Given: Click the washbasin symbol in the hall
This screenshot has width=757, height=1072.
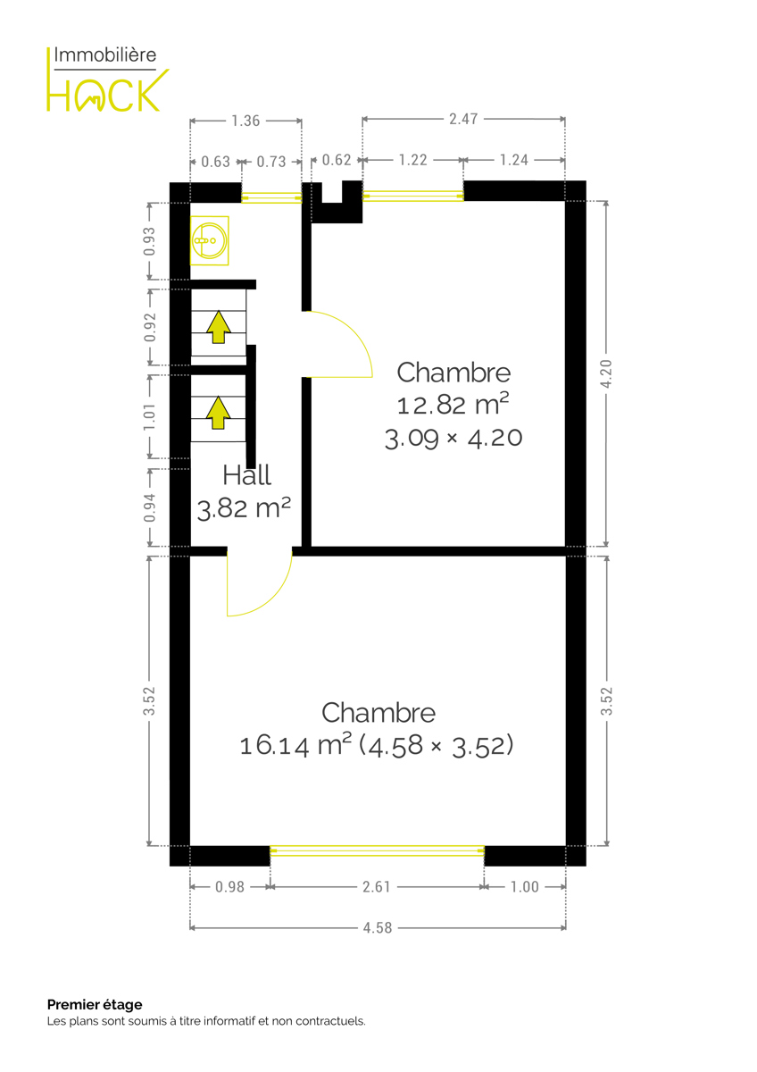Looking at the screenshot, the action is coord(210,240).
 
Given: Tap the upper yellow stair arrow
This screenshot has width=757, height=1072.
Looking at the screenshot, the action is coord(219,327).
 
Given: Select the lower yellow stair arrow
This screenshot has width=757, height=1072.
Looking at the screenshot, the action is coord(219,413).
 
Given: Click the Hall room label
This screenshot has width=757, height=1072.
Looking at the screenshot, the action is coord(246,475).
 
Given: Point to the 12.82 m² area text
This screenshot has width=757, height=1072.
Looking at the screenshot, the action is coord(453,405).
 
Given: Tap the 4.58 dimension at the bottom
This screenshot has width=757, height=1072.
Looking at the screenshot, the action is coord(378,928).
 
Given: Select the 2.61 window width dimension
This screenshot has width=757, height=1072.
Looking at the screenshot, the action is coord(377,887).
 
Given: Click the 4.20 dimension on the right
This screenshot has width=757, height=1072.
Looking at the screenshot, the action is coord(606,373).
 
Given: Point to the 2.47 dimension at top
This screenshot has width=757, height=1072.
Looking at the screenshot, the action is coord(463,119).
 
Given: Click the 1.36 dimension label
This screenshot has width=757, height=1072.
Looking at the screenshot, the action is coord(245,121).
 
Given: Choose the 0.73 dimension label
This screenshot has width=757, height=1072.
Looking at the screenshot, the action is coord(271,162).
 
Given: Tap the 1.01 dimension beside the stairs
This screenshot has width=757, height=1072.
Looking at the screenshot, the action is coord(150,416).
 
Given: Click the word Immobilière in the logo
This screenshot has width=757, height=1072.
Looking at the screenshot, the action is coord(105,55).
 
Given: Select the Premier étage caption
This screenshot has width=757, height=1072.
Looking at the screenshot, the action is coord(95,1004).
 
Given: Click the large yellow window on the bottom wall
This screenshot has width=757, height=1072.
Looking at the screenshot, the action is coord(378,850).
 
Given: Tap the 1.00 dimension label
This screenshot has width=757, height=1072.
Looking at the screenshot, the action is coord(525,887).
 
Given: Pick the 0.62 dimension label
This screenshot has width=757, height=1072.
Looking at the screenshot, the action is coord(337,160).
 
